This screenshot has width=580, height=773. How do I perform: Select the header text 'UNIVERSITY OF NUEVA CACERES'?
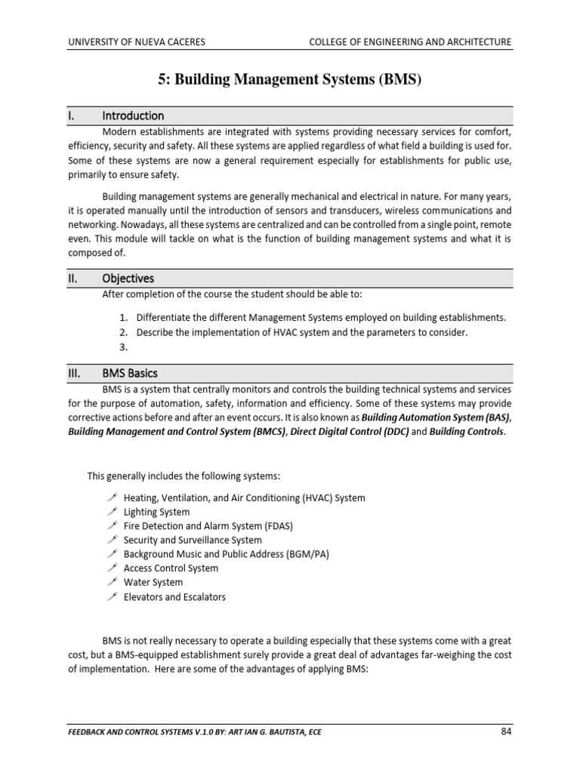[136, 42]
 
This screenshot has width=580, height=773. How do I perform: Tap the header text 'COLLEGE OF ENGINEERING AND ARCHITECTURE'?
[410, 42]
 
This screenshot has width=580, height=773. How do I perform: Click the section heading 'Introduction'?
[133, 115]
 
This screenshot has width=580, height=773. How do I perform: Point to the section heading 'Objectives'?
[128, 279]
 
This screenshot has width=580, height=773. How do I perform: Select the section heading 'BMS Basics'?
[130, 374]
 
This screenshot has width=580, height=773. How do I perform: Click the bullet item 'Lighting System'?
[156, 512]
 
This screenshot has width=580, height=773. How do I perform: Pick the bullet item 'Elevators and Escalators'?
[174, 596]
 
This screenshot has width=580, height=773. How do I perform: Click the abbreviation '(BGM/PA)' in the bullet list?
[304, 554]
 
